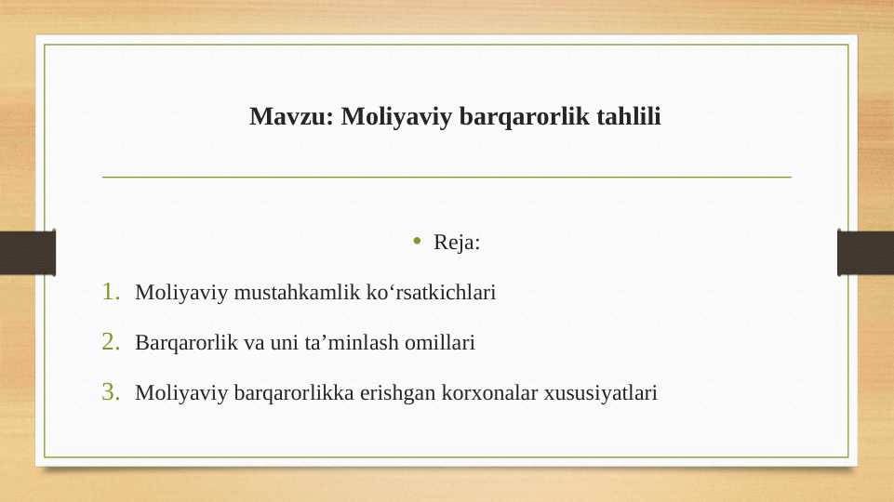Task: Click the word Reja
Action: (x=457, y=244)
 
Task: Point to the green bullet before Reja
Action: (x=419, y=244)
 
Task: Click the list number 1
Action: (x=111, y=293)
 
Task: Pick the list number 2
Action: (x=111, y=343)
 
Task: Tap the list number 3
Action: (x=111, y=393)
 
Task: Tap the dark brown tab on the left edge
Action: (x=27, y=252)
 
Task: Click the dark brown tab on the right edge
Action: (x=866, y=252)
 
